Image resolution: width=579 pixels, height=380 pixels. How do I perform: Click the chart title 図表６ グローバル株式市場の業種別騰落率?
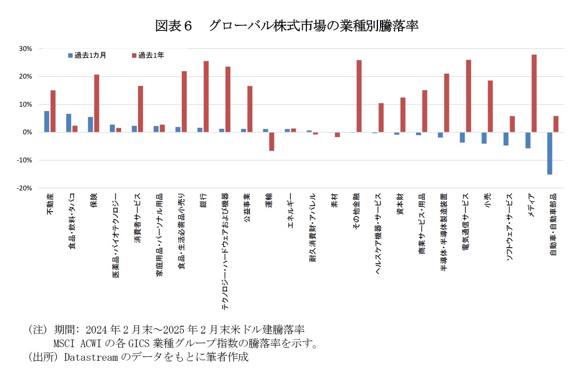(286, 26)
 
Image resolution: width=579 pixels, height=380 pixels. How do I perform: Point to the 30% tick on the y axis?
(25, 49)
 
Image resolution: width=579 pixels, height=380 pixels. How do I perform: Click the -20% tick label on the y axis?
(24, 188)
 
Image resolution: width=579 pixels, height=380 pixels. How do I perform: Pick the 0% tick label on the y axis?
(27, 132)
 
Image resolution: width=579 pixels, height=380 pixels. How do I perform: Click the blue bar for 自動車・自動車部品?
(549, 153)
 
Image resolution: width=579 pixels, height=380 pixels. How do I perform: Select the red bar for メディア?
(534, 93)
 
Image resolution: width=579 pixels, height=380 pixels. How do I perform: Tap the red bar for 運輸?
(272, 141)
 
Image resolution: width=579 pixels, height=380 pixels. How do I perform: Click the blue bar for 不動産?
(47, 121)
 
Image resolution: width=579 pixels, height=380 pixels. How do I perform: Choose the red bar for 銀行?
(206, 97)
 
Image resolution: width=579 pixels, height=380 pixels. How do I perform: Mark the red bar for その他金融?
(359, 96)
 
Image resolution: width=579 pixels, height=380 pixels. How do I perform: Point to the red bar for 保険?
(97, 103)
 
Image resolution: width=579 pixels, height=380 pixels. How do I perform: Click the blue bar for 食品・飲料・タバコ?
(69, 123)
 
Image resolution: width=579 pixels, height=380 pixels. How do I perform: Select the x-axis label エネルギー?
(291, 210)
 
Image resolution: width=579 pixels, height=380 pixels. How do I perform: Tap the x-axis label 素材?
(335, 200)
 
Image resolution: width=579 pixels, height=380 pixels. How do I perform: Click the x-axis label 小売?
(488, 200)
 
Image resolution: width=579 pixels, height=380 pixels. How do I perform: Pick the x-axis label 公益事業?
(247, 207)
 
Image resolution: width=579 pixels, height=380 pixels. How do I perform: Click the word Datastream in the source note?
(91, 357)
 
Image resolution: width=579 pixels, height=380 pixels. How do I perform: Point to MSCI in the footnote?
(64, 344)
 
